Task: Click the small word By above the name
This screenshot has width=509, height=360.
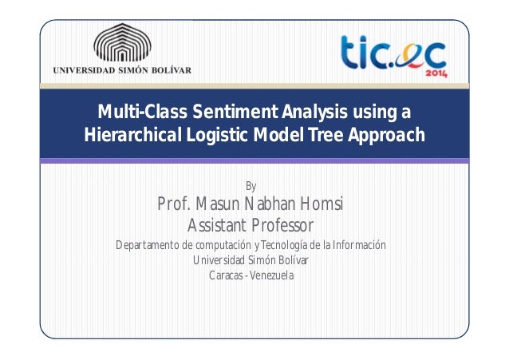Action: point(251,187)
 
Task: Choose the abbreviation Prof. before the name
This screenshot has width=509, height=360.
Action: point(175,204)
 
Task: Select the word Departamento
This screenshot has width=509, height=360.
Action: point(148,245)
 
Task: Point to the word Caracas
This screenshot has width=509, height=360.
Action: point(226,276)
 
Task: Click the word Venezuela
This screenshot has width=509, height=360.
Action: point(272,276)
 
